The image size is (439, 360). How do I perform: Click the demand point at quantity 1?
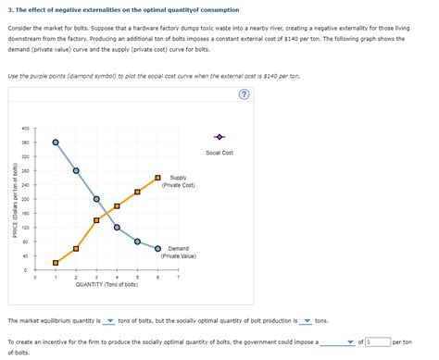point(56,142)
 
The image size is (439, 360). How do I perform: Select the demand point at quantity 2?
point(76,170)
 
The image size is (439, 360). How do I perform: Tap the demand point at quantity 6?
point(157,248)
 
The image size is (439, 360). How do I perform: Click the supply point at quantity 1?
point(56,262)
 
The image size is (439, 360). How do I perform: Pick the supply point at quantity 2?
point(76,248)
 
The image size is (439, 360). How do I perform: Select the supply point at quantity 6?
point(157,178)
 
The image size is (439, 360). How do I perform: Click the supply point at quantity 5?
point(137,192)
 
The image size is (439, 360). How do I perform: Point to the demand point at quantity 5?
point(137,242)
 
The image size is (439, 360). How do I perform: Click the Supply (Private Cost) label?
point(178,181)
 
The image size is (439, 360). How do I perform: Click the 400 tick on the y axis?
point(26,128)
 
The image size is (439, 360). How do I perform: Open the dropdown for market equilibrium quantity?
point(109,321)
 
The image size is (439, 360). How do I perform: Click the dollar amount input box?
point(378,341)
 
